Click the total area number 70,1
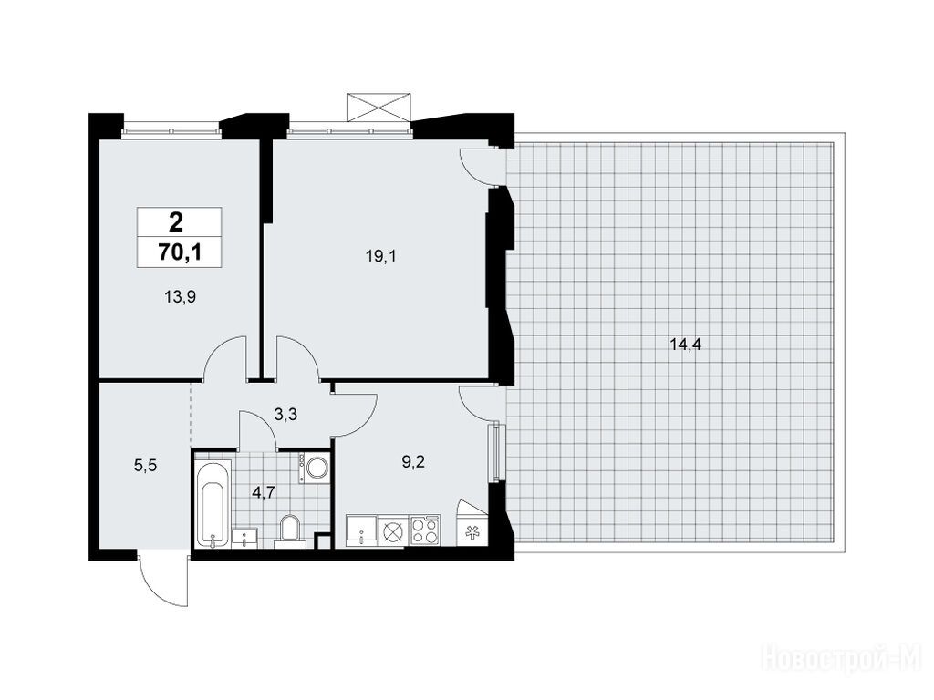coord(180,253)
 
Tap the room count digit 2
coord(176,223)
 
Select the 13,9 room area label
coord(181,296)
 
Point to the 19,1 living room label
coord(381,256)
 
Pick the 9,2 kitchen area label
coord(413,461)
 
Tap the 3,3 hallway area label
coord(285,415)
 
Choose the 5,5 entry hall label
coord(145,466)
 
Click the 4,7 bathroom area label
coord(263,493)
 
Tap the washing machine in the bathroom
coord(314,468)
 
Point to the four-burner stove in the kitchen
coord(426,530)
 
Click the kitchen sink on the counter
coord(361,530)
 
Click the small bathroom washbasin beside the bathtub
coord(245,538)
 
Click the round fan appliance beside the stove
coord(394,530)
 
